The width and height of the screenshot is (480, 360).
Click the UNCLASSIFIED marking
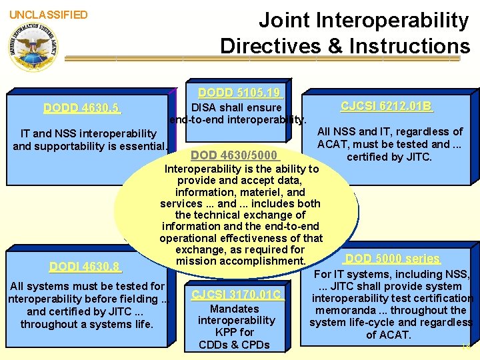[48, 15]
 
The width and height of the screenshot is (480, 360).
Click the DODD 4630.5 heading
[81, 108]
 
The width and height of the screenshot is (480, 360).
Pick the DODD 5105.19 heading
[240, 93]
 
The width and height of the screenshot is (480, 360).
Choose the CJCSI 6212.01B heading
[387, 106]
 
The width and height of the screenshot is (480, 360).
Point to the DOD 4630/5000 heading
[233, 155]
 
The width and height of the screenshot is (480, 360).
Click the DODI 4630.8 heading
[85, 267]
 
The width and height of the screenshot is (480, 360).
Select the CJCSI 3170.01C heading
[236, 295]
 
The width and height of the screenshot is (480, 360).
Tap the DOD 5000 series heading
[392, 259]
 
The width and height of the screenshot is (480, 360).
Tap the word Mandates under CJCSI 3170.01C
[235, 309]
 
